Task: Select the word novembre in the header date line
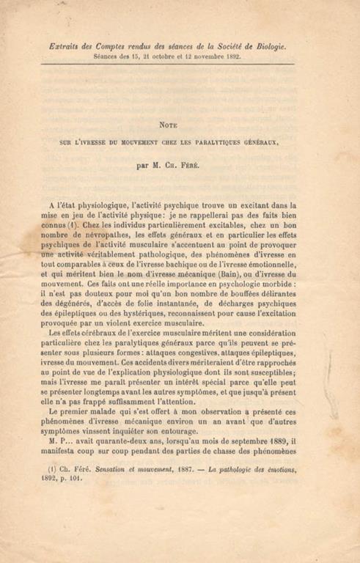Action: tap(208, 56)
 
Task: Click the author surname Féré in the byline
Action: tap(203, 166)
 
